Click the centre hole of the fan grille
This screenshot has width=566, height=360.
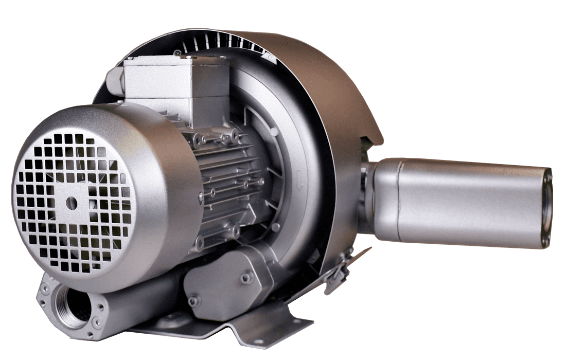(72, 203)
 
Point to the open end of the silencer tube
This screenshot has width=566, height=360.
(547, 208)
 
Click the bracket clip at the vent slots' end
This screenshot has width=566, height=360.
(269, 57)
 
